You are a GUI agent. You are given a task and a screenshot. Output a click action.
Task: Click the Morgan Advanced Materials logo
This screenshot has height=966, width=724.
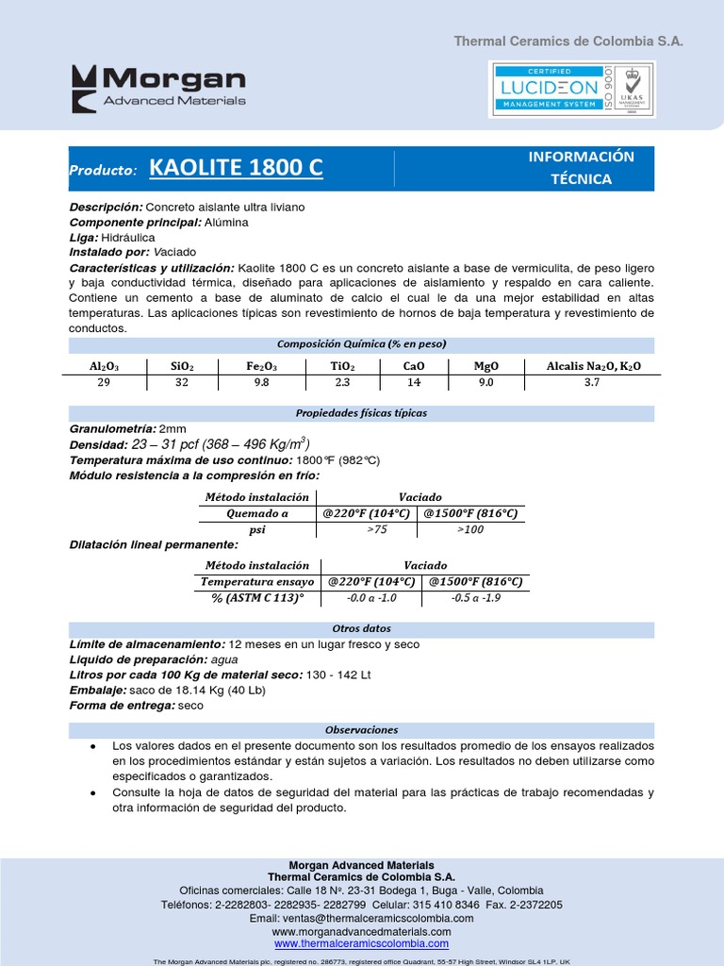(159, 88)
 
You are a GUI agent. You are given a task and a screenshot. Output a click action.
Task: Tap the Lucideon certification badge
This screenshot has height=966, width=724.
(572, 89)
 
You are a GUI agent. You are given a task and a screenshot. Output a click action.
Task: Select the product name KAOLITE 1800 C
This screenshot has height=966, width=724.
(236, 169)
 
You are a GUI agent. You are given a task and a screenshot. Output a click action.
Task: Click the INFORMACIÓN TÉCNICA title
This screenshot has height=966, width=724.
(581, 168)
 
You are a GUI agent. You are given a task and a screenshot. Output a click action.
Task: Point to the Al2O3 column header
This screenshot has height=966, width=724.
(104, 366)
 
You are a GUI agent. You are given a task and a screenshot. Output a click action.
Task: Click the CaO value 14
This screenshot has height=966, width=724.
(414, 382)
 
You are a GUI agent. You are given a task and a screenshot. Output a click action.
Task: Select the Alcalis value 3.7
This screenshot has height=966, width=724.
(591, 382)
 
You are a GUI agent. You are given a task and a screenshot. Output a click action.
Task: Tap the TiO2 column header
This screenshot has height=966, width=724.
(341, 366)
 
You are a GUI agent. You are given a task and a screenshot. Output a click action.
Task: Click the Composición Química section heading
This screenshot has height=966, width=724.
(361, 343)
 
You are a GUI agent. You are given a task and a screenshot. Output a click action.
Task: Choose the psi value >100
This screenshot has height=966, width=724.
(469, 531)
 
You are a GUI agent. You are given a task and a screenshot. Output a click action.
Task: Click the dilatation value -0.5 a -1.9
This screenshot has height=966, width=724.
(475, 598)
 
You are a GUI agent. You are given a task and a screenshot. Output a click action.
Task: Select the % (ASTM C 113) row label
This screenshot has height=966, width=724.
(258, 598)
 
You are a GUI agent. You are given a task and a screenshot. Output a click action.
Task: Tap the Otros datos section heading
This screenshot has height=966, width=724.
(361, 628)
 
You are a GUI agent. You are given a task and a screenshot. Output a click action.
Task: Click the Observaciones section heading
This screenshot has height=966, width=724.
(361, 729)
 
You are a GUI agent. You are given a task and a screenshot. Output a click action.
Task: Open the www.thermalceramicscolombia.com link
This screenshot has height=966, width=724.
(361, 943)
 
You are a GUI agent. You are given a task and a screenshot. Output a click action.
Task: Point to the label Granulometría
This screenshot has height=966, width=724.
(112, 429)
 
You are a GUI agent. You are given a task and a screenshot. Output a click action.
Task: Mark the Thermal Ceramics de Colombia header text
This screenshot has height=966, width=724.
(568, 42)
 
